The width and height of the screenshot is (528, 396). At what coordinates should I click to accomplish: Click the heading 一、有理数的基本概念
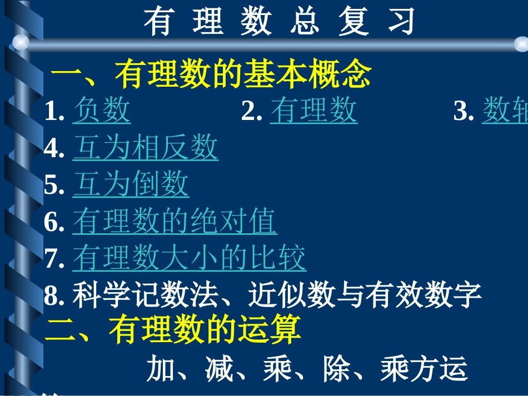pyautogui.click(x=211, y=75)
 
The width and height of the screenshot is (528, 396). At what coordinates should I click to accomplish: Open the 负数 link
pyautogui.click(x=102, y=110)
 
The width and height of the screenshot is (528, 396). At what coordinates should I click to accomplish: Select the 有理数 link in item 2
pyautogui.click(x=313, y=110)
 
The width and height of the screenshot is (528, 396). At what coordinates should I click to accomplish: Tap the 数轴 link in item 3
pyautogui.click(x=505, y=110)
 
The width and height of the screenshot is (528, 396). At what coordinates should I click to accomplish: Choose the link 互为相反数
pyautogui.click(x=145, y=148)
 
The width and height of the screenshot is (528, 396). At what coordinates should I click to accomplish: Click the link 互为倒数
pyautogui.click(x=131, y=185)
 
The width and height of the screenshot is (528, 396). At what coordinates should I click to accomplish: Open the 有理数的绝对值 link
pyautogui.click(x=175, y=222)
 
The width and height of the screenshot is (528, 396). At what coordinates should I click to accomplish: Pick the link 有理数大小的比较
pyautogui.click(x=189, y=259)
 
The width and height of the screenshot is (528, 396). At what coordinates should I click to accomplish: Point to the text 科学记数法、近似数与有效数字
pyautogui.click(x=277, y=295)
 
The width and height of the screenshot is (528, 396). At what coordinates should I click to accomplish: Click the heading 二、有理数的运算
pyautogui.click(x=173, y=330)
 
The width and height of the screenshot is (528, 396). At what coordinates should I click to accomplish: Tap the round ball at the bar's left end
pyautogui.click(x=21, y=42)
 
